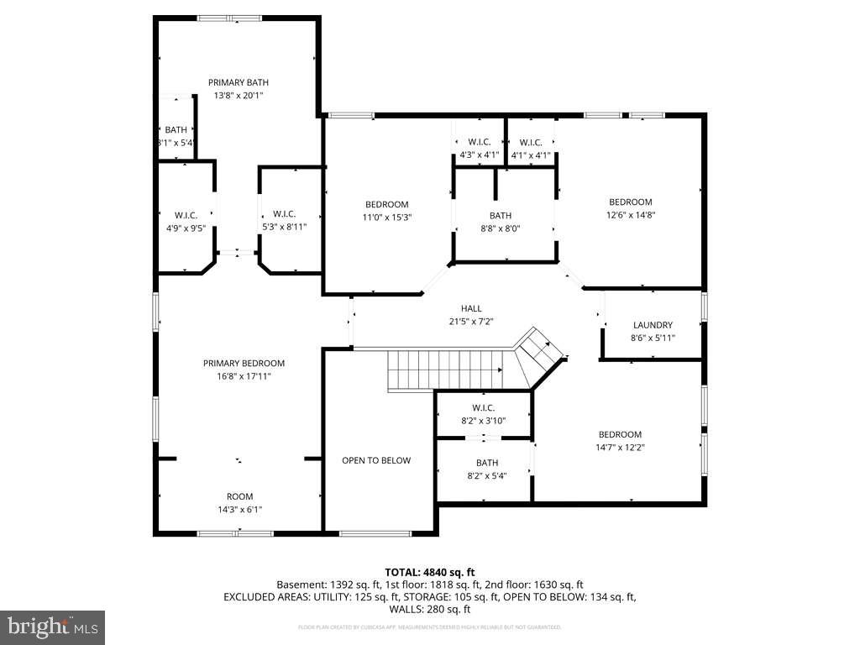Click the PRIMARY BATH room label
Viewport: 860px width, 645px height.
(239, 82)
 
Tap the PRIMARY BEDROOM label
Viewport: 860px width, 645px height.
(244, 363)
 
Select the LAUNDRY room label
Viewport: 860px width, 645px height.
(653, 325)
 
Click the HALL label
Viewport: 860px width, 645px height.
(471, 308)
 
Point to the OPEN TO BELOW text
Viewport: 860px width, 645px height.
(376, 460)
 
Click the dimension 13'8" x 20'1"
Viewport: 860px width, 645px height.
(239, 96)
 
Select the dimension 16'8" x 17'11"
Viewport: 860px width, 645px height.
(244, 376)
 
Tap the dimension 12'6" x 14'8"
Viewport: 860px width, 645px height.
(630, 215)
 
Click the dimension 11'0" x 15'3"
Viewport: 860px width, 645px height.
(386, 217)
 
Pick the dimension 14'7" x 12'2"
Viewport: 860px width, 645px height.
(620, 447)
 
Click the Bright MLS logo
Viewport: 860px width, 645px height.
(52, 627)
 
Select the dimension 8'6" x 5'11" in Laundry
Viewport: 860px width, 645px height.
(653, 338)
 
